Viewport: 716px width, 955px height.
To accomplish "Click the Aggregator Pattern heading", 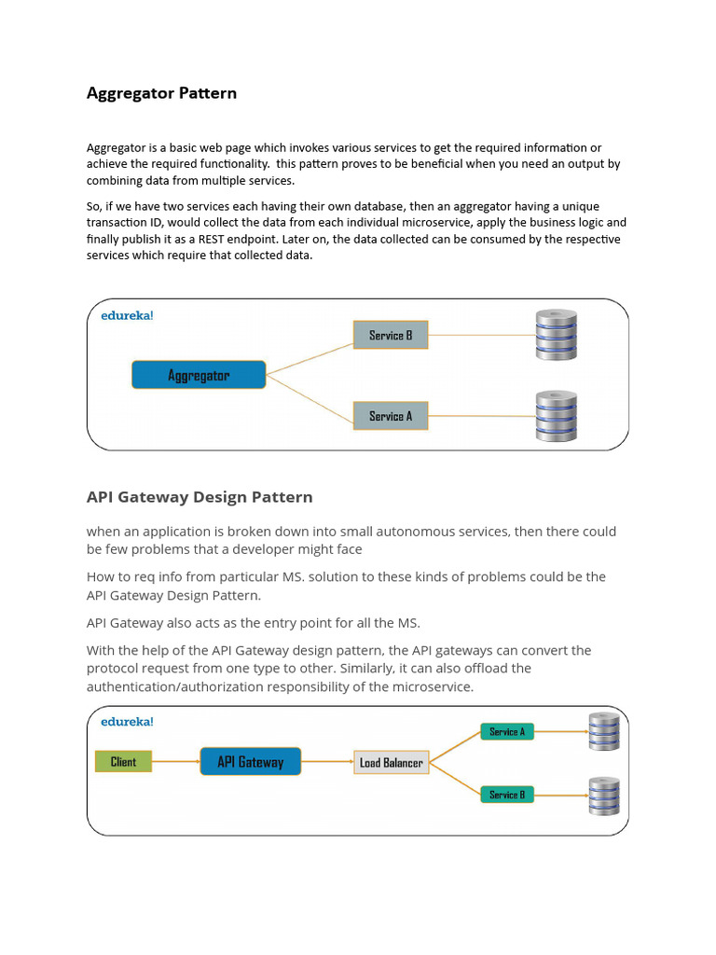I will [161, 93].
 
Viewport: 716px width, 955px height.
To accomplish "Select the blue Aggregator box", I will [199, 375].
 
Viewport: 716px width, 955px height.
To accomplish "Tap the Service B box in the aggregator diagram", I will [391, 335].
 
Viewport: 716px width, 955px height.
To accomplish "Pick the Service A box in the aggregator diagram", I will [391, 416].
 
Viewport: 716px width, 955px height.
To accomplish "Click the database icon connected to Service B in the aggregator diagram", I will [557, 334].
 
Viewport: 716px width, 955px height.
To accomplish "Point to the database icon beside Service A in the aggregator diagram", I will [557, 416].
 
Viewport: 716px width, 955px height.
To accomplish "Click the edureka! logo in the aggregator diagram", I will [127, 315].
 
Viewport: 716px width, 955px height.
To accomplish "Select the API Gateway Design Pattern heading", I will [200, 497].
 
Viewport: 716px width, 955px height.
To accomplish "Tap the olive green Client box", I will [123, 762].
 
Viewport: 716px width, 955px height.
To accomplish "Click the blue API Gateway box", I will [251, 762].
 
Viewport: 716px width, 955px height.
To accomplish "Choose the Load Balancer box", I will [392, 763].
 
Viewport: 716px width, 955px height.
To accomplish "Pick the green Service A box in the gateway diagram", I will [507, 732].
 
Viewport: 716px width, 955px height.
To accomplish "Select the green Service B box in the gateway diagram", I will [507, 795].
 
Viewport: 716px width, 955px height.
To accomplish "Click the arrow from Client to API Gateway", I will [175, 762].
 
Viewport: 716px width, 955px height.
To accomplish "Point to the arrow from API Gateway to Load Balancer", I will [328, 762].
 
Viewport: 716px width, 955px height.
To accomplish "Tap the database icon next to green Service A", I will [603, 732].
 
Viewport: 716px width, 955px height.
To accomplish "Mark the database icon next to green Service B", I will [603, 796].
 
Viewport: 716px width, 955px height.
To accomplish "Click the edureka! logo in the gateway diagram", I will [127, 721].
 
